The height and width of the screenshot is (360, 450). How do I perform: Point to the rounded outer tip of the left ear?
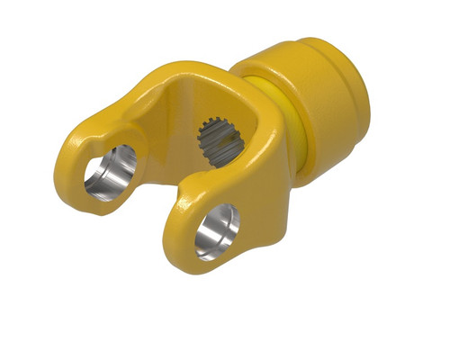click(70, 166)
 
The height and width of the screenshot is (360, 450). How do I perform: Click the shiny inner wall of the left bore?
click(101, 175)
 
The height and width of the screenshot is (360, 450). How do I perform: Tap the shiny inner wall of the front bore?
click(211, 234)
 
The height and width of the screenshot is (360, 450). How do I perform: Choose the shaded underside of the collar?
click(324, 162)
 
